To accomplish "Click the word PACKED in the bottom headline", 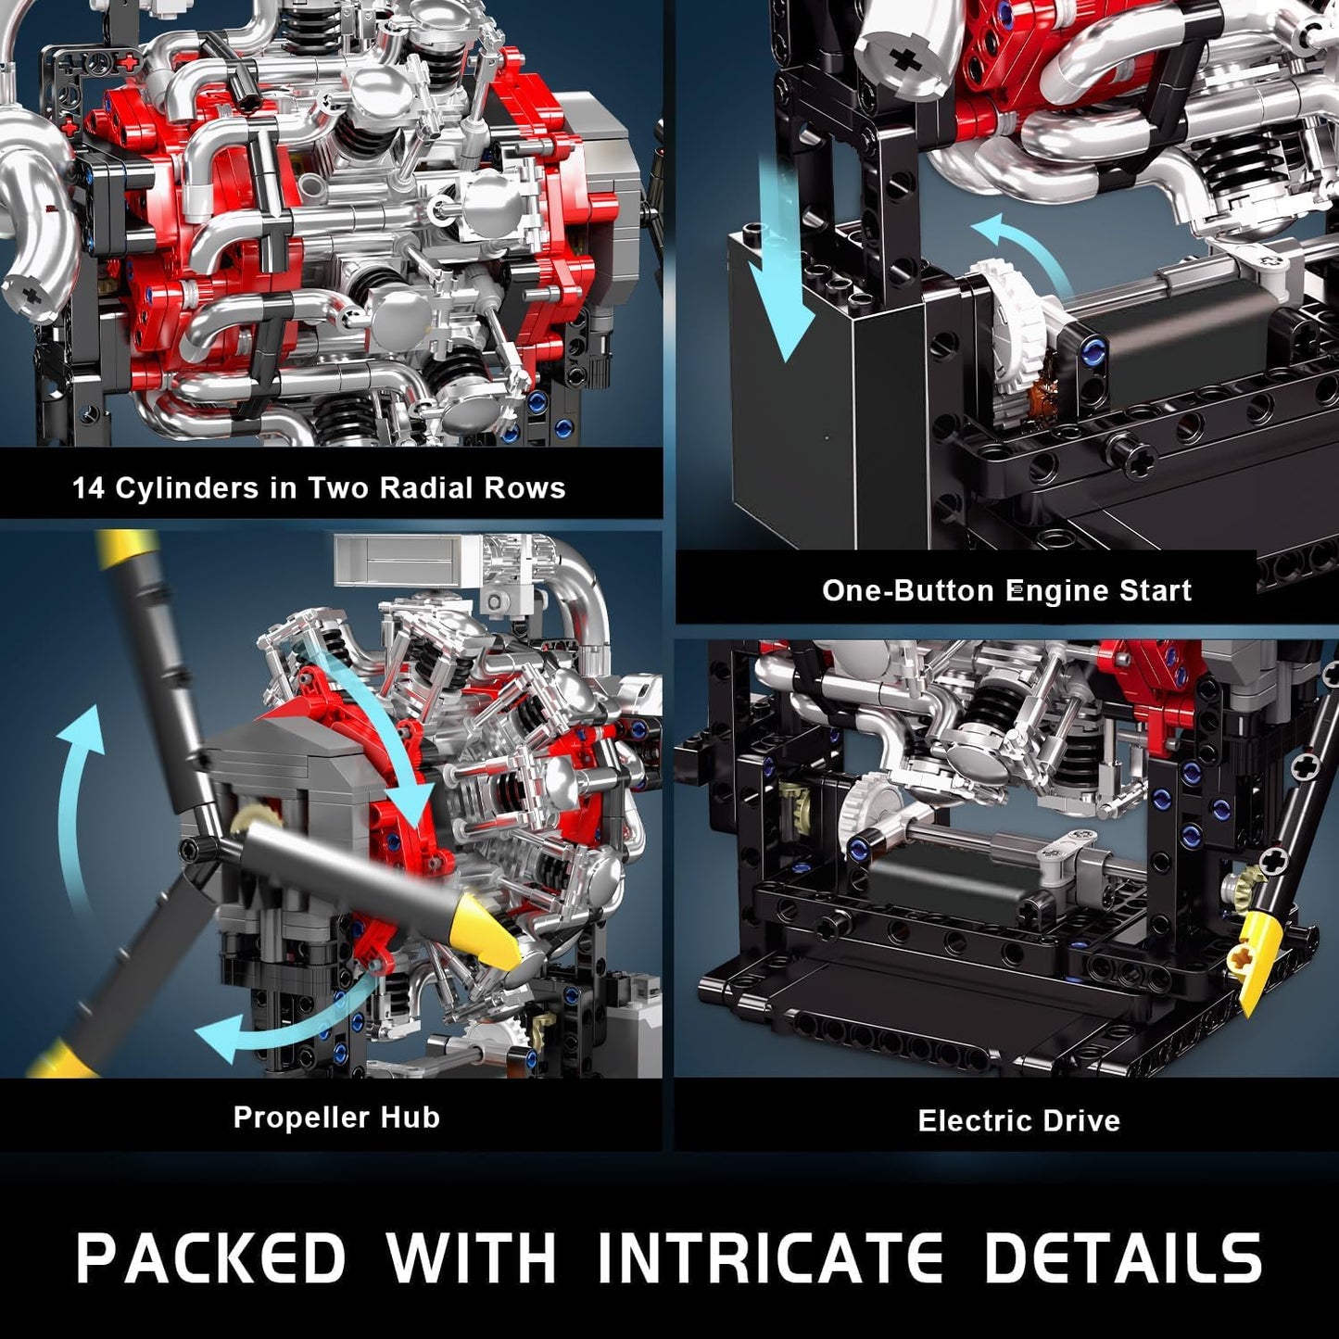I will click(210, 1257).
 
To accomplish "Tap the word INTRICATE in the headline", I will click(769, 1257).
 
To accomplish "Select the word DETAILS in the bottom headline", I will click(1122, 1257).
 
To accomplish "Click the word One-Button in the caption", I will click(907, 590).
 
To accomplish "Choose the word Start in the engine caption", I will click(1155, 590).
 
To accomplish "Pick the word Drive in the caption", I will click(1081, 1121).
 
